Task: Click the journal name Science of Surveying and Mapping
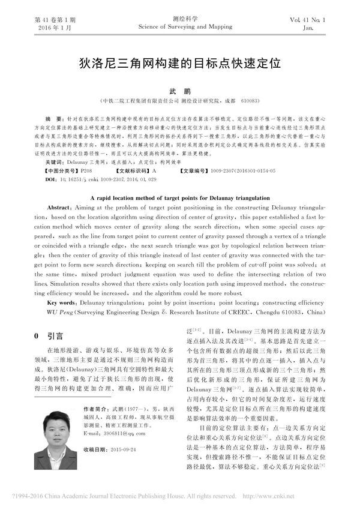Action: pos(180,27)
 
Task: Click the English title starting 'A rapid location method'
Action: pos(180,197)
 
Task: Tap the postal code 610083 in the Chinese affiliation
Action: pos(250,101)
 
